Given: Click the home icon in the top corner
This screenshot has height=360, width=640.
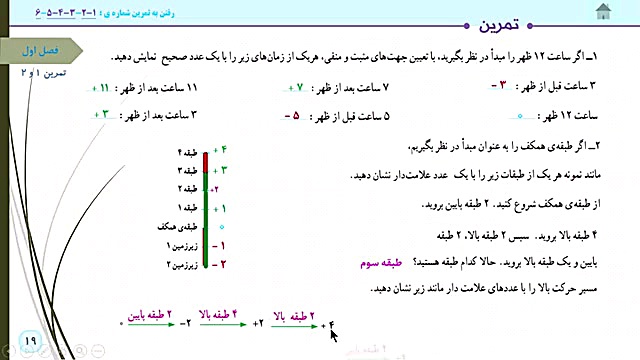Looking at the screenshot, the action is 603,11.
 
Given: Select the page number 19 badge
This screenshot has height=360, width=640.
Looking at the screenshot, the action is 27,342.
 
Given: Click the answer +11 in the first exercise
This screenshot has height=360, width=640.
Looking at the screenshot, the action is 110,89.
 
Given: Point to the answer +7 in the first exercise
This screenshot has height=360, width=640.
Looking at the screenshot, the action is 290,89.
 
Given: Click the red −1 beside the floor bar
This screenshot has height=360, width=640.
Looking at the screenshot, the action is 218,245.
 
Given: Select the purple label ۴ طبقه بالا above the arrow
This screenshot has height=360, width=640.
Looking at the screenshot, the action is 226,313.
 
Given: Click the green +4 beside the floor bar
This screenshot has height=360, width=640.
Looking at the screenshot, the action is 219,152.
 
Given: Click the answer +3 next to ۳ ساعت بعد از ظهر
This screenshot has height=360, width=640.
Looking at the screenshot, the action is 101,115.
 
